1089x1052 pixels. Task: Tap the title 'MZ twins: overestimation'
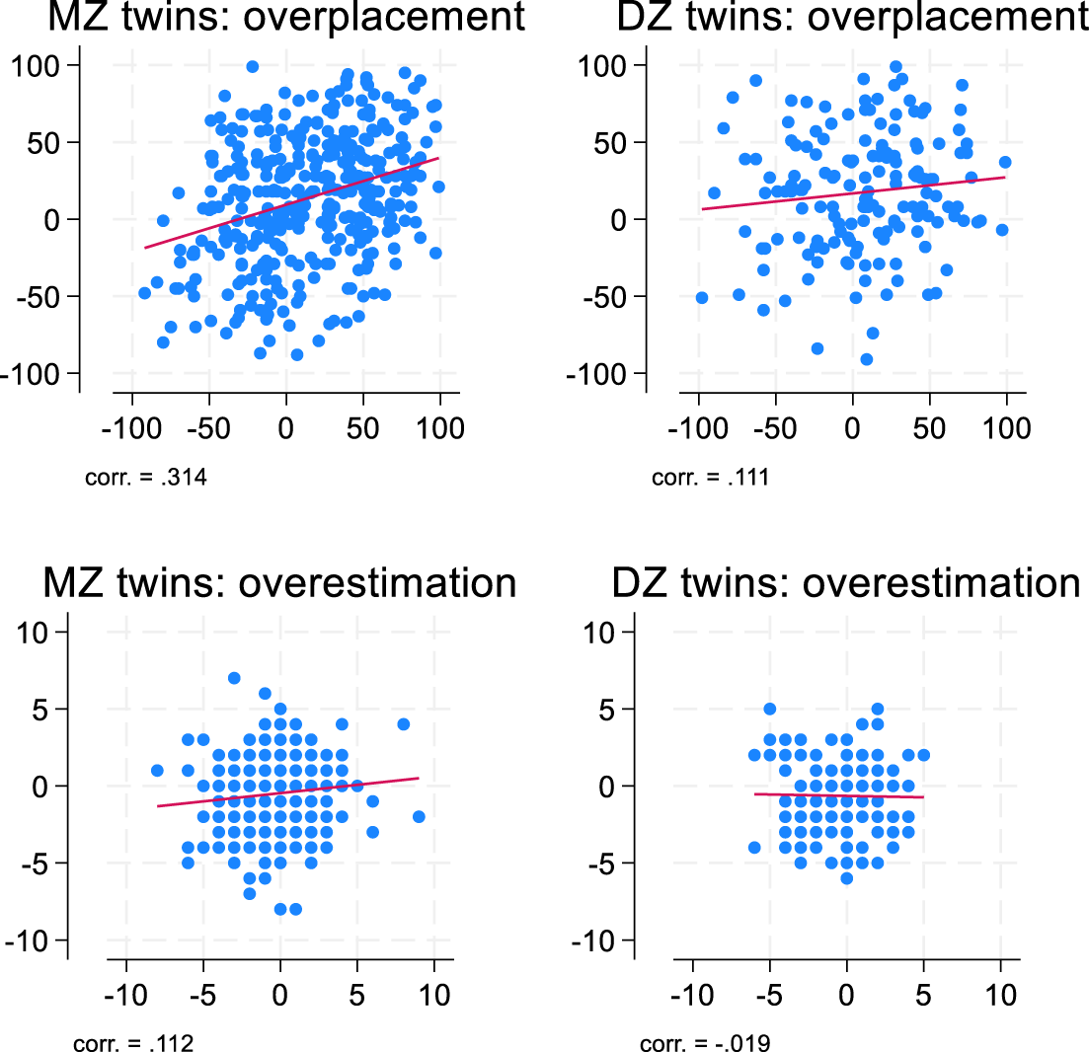[279, 583]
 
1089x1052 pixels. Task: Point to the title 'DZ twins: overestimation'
[846, 583]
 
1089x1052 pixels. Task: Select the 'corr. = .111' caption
[711, 480]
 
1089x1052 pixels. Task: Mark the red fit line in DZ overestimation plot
[839, 795]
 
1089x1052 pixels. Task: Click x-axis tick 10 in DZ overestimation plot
[1001, 994]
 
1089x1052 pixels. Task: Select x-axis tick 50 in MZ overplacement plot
[363, 429]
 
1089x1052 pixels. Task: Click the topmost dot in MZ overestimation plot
[234, 678]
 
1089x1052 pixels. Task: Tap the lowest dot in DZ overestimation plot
[846, 878]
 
